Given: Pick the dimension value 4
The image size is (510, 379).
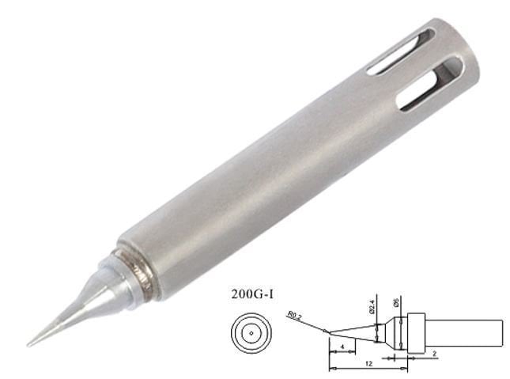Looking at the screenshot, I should pos(341,346).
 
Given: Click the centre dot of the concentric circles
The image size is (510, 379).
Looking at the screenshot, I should pos(251,334).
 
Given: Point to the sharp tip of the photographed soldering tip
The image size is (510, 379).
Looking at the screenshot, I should pos(29,345).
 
